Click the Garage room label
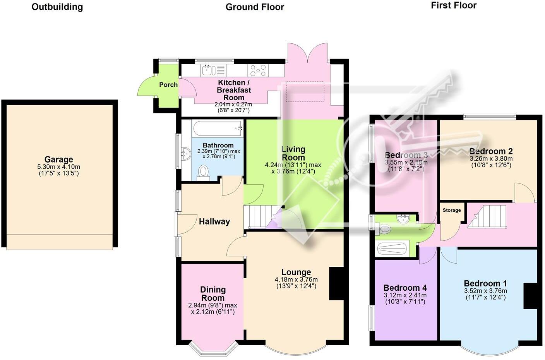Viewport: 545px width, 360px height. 58,159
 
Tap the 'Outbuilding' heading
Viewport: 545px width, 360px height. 57,7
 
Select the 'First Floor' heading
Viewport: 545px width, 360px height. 453,5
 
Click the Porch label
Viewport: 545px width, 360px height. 168,85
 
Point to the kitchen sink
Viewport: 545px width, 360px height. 207,70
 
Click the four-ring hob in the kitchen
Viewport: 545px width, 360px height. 257,70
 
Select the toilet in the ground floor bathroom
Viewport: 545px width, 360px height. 203,172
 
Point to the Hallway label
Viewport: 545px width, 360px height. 214,221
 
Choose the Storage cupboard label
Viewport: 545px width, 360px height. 451,210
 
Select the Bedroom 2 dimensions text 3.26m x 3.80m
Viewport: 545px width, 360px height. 491,159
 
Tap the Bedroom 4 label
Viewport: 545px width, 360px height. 405,288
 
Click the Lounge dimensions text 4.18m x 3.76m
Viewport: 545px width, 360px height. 296,279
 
